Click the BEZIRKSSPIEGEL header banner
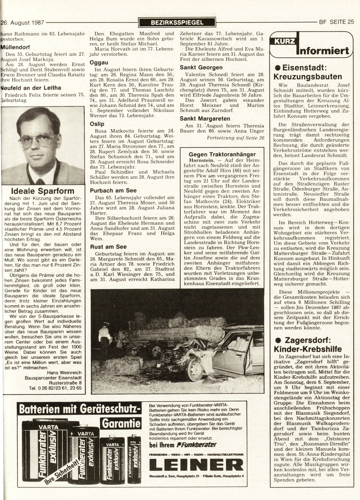click(177, 22)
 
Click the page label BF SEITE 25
click(336, 22)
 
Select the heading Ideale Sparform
click(43, 191)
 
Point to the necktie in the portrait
click(41, 182)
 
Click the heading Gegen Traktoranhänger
click(222, 154)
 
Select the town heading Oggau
click(99, 62)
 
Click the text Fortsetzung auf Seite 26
click(235, 137)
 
